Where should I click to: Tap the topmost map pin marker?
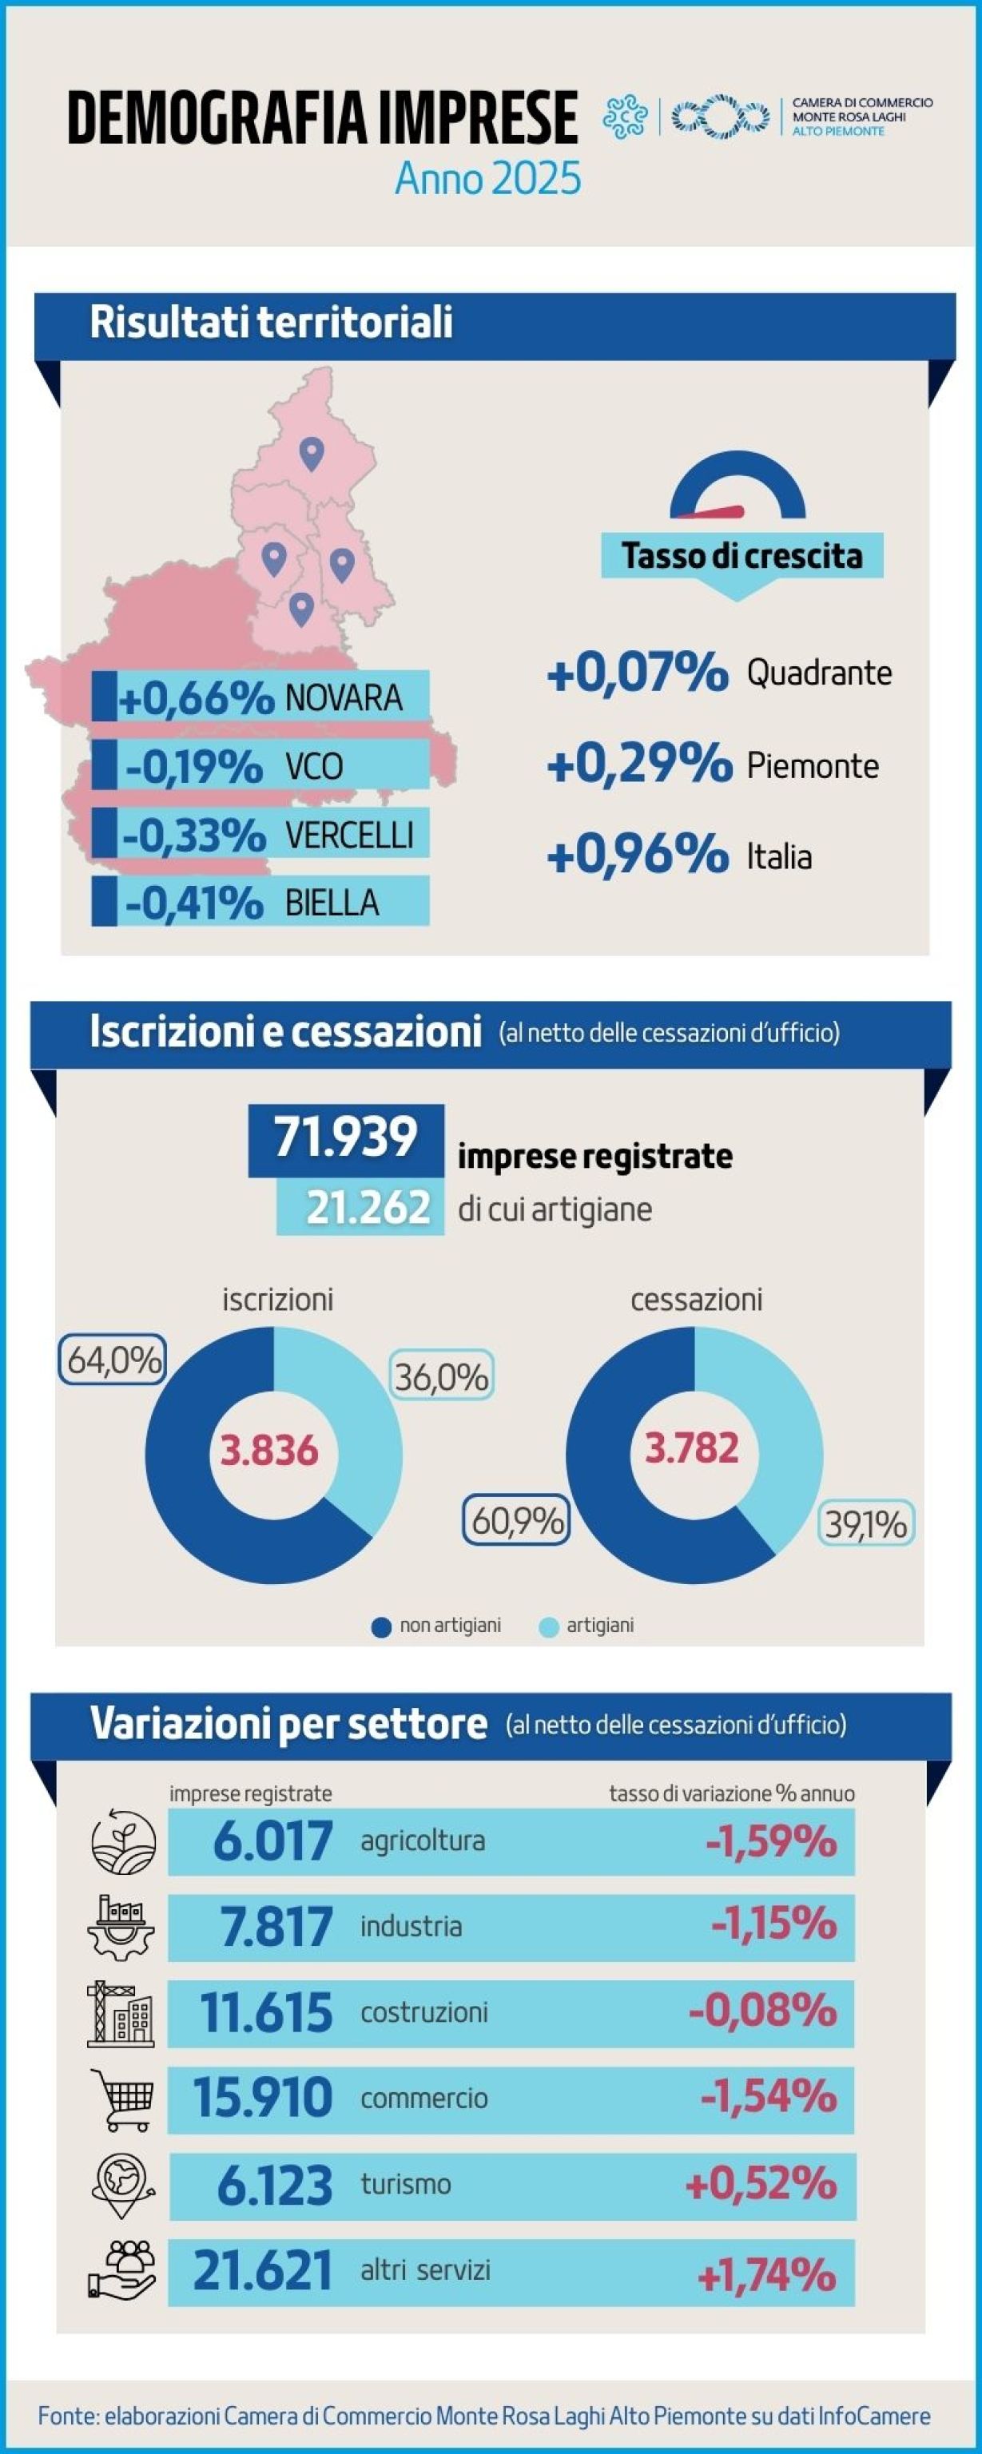click(x=312, y=454)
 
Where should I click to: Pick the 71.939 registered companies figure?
click(x=346, y=1138)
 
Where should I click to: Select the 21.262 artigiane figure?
click(x=368, y=1208)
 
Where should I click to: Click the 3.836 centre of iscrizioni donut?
click(x=269, y=1450)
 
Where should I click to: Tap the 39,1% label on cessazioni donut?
click(x=865, y=1524)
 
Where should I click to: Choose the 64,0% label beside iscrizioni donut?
click(x=113, y=1360)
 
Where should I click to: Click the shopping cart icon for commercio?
click(x=121, y=2096)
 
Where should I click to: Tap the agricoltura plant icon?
click(x=123, y=1840)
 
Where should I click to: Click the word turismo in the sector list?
click(x=406, y=2183)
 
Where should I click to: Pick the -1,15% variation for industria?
click(x=773, y=1926)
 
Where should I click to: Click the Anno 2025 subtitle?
click(x=487, y=178)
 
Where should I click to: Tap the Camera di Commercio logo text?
click(x=862, y=116)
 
